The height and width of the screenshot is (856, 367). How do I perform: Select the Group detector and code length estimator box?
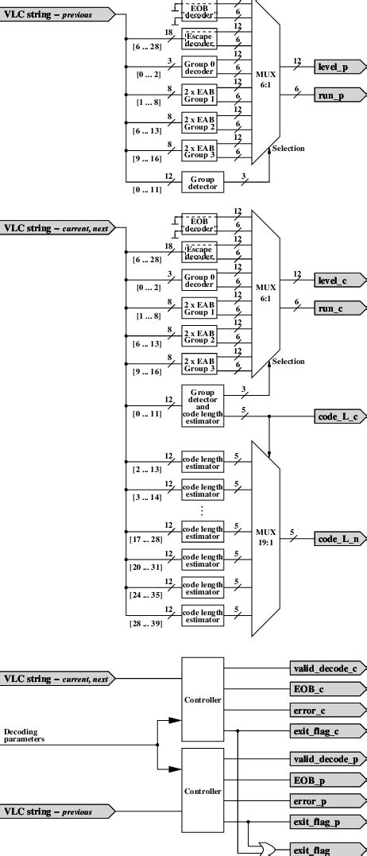point(203,405)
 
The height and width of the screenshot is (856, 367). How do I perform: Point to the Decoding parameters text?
point(24,735)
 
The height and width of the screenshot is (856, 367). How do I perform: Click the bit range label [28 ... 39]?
point(145,624)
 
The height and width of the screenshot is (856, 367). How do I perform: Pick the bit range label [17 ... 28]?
point(145,539)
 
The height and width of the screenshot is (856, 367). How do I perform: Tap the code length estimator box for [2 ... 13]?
point(203,463)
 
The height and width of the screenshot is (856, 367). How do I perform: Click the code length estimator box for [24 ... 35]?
point(203,587)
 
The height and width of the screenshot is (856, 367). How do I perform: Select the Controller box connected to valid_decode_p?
point(203,791)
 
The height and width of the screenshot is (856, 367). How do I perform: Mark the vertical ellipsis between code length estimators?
point(203,510)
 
